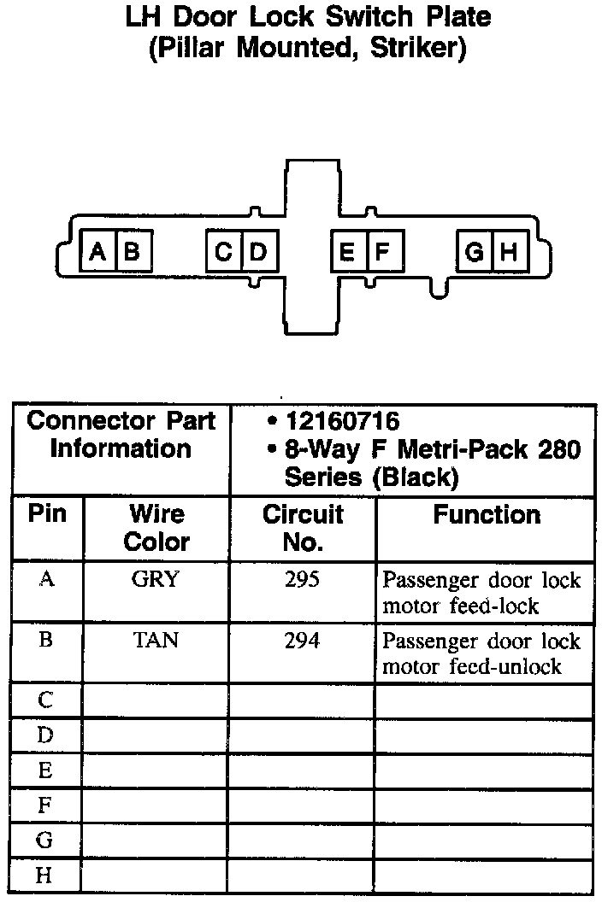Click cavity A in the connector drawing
[x=98, y=252]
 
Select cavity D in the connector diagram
[x=259, y=252]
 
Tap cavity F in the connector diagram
[x=382, y=252]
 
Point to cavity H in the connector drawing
[x=509, y=252]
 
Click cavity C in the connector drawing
[x=224, y=252]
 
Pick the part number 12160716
[x=343, y=422]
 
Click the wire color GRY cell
[x=156, y=579]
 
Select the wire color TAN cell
[x=156, y=640]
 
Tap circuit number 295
[x=302, y=579]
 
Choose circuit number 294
[x=302, y=640]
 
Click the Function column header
[x=487, y=515]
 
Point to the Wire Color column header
[x=156, y=528]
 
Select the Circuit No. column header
[x=302, y=528]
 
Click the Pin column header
[x=47, y=514]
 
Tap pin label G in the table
[x=45, y=840]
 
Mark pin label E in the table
[x=45, y=771]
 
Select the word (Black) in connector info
[x=416, y=477]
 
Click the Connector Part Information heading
[x=121, y=435]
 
